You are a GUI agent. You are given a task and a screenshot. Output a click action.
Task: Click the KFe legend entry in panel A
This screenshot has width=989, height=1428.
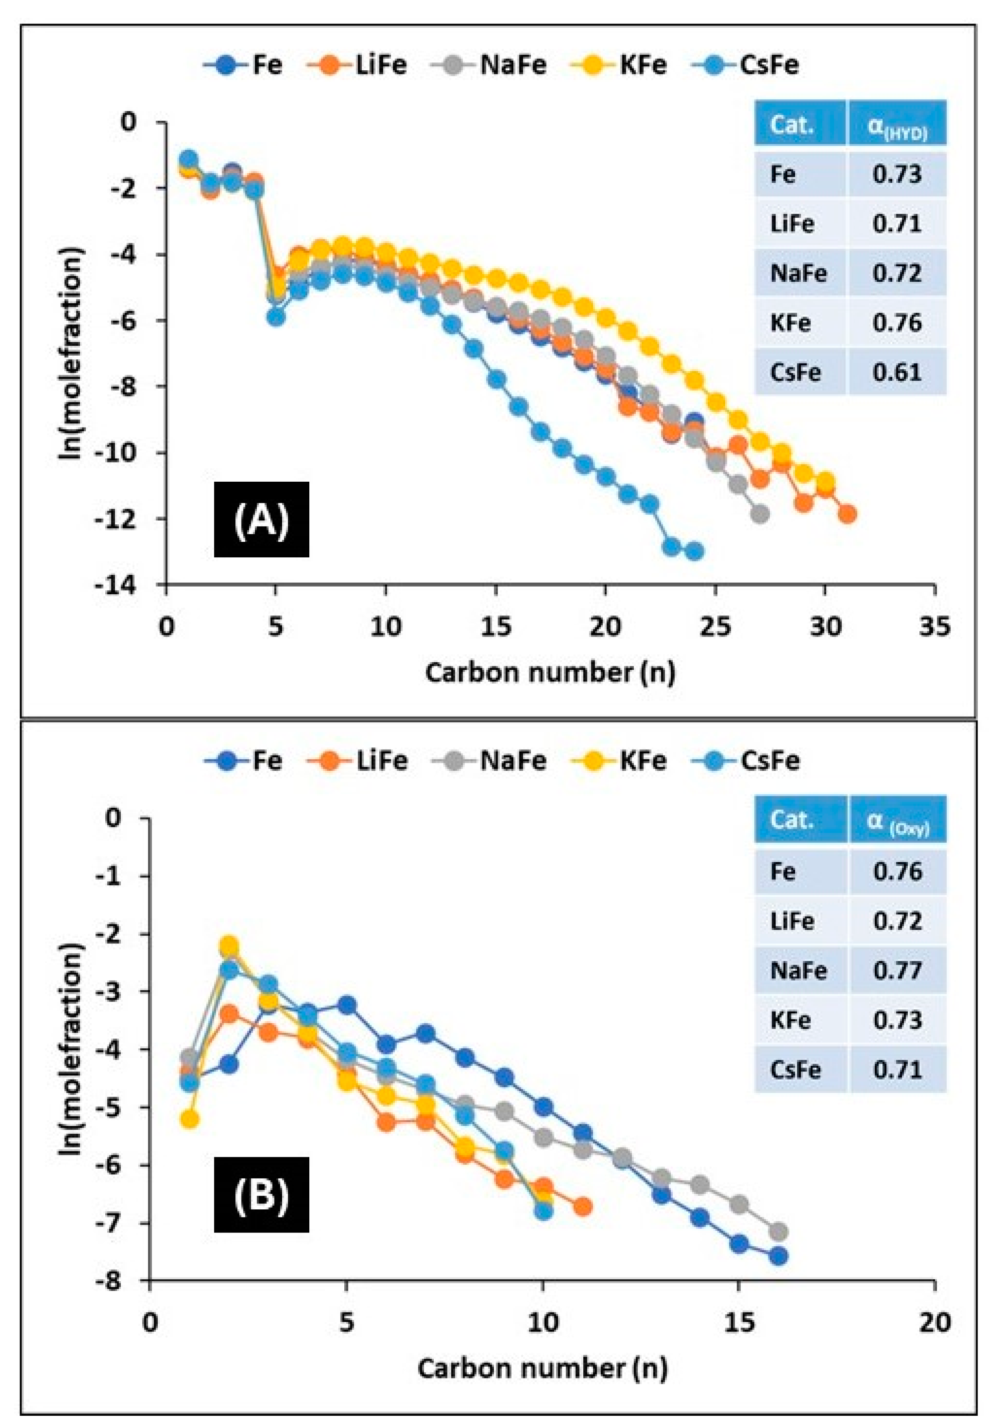point(626,65)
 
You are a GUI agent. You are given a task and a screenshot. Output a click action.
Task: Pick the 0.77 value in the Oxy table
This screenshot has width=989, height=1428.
point(897,970)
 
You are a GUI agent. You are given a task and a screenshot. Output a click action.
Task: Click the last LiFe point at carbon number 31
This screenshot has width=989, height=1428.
point(847,513)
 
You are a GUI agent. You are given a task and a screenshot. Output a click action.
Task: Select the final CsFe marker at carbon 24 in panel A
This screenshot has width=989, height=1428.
point(694,551)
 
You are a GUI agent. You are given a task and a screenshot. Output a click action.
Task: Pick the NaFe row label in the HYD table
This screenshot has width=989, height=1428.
point(798,273)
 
